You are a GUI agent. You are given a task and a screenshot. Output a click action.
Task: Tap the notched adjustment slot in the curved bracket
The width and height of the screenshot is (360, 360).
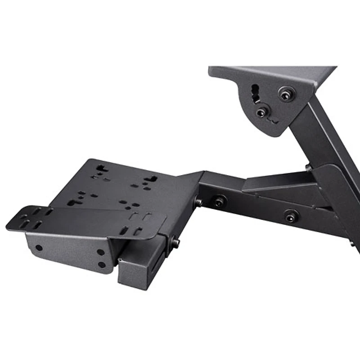click(255, 93)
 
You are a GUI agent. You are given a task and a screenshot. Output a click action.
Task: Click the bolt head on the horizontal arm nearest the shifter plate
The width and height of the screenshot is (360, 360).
click(220, 201)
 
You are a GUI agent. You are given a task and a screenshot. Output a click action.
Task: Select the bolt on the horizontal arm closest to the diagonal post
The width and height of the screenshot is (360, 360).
click(292, 216)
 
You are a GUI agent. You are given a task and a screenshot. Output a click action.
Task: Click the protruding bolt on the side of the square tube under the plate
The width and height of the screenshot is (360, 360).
click(175, 243)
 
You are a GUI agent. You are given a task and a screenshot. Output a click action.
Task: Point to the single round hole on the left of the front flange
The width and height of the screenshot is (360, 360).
click(39, 247)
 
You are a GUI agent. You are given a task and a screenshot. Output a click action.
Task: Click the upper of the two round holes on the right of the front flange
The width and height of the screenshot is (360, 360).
click(101, 252)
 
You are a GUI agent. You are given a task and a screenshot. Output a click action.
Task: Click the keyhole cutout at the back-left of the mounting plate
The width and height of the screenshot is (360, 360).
click(102, 169)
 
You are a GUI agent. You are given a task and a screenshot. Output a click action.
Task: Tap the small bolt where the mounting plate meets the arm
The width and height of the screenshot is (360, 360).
click(198, 203)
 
